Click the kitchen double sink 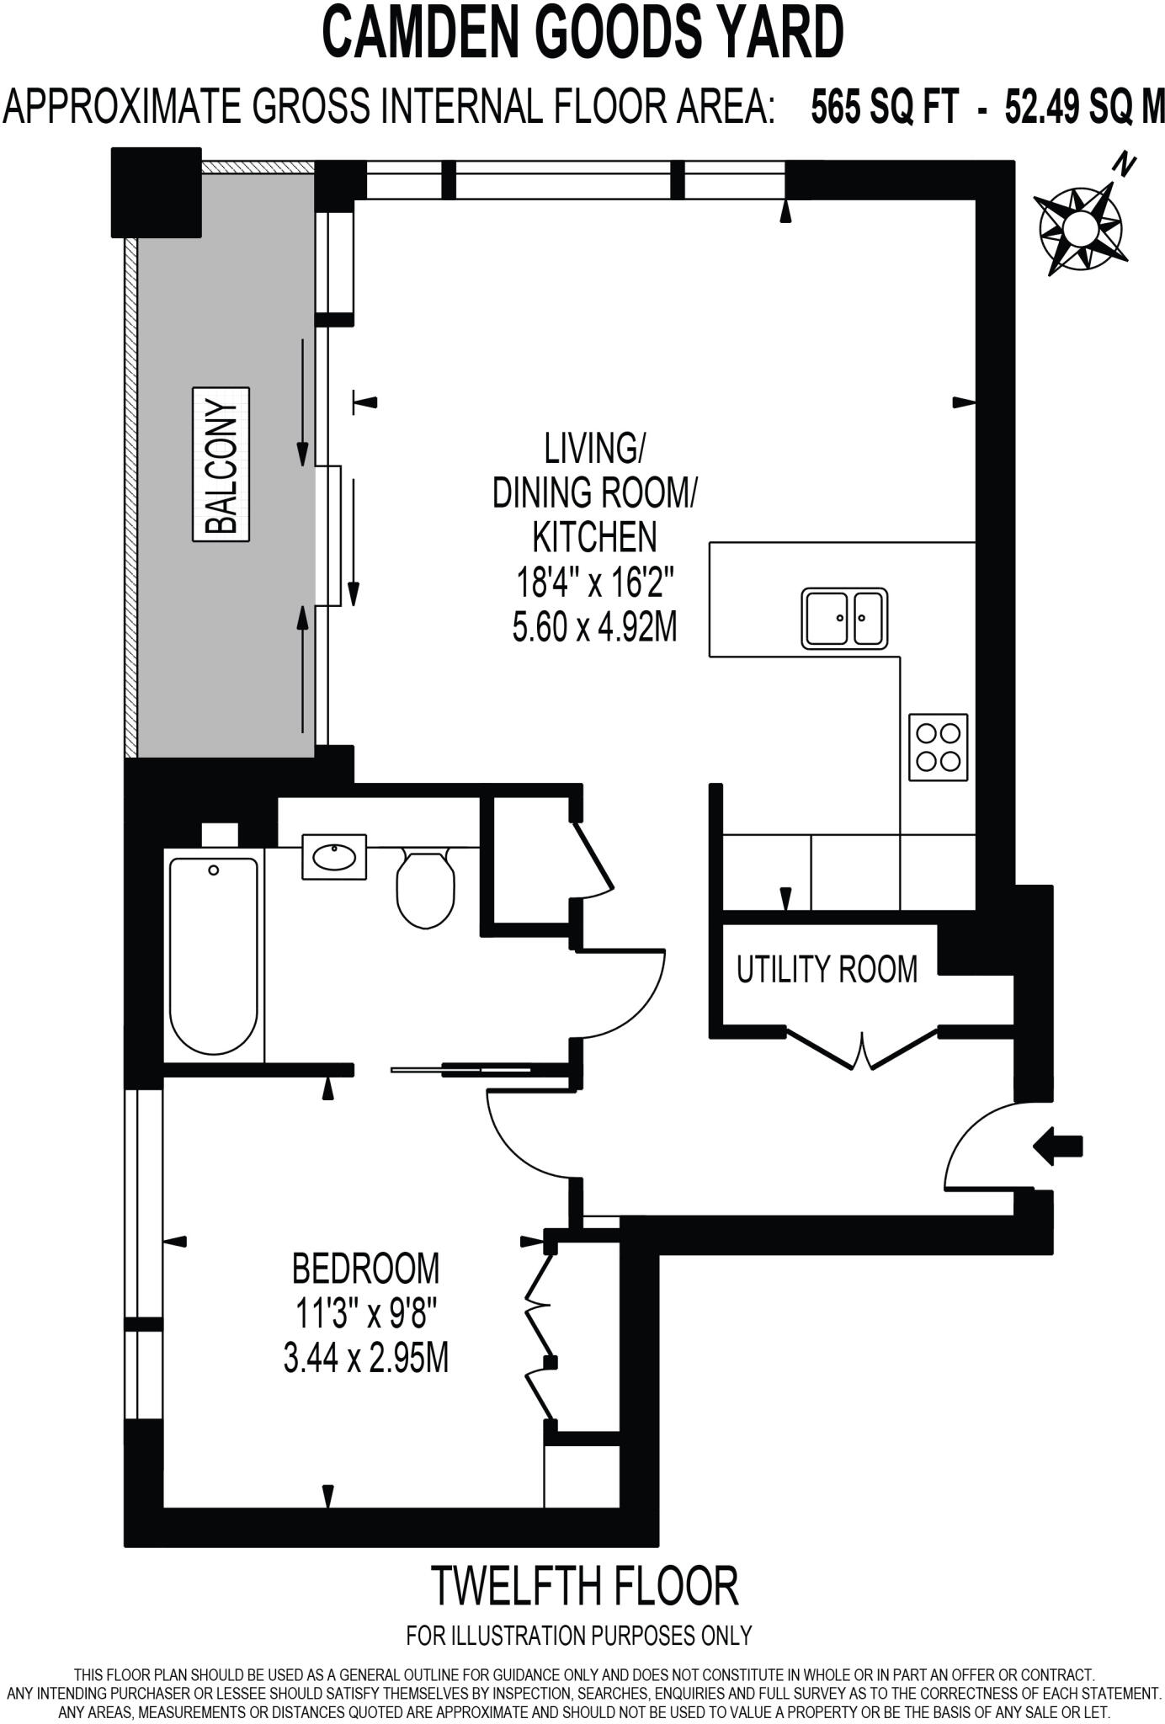pyautogui.click(x=843, y=618)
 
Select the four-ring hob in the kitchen pyautogui.click(x=938, y=747)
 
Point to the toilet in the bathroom pyautogui.click(x=425, y=888)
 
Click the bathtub pyautogui.click(x=214, y=955)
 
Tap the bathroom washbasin pyautogui.click(x=334, y=857)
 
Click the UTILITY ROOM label pyautogui.click(x=827, y=969)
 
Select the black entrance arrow pyautogui.click(x=1058, y=1146)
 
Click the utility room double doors pyautogui.click(x=863, y=1048)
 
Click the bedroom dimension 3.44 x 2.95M pyautogui.click(x=365, y=1358)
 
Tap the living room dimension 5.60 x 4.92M pyautogui.click(x=594, y=626)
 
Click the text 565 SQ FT pyautogui.click(x=884, y=108)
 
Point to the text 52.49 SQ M pyautogui.click(x=1084, y=108)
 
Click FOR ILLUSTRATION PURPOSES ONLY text pyautogui.click(x=579, y=1636)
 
